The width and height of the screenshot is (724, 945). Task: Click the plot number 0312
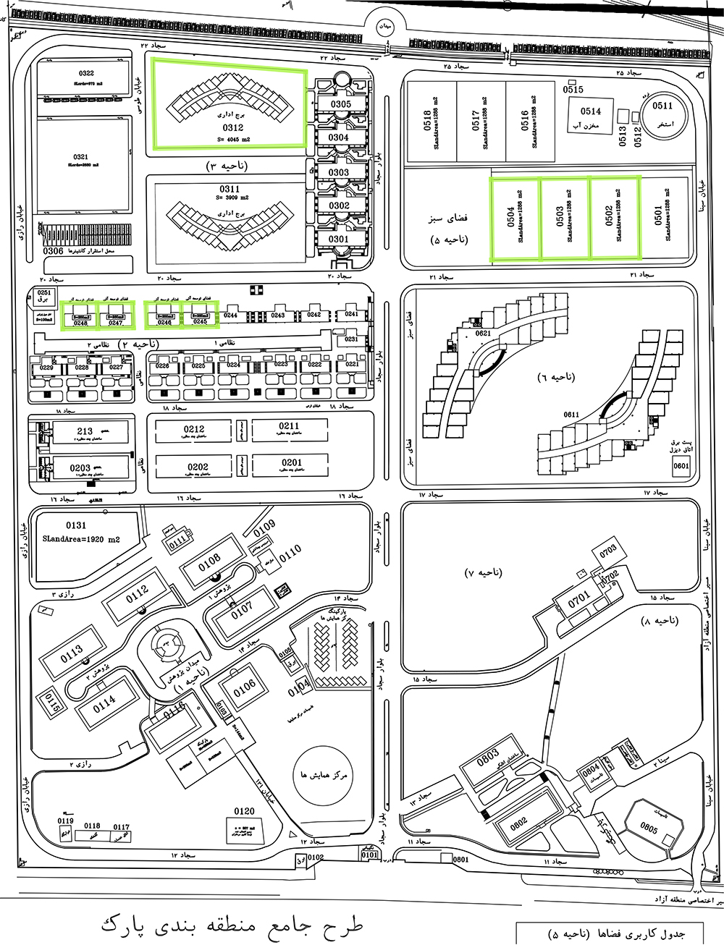point(233,127)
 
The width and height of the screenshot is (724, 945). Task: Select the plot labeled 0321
point(80,157)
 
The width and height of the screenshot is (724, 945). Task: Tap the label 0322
point(86,74)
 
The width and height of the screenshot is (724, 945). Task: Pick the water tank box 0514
point(590,111)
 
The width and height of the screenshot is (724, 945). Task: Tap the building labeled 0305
point(340,104)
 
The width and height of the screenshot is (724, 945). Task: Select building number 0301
point(338,239)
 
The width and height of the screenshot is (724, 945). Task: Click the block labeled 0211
point(289,426)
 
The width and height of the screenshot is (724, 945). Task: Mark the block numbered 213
point(85,431)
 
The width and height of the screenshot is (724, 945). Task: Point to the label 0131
point(76,525)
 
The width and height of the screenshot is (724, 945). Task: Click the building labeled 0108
point(209,562)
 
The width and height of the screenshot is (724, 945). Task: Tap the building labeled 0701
point(579,600)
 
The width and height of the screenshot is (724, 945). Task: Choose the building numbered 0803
point(488,757)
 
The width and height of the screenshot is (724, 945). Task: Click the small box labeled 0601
point(681,466)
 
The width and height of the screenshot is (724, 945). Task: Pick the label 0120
point(244,811)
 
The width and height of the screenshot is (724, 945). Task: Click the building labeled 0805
point(649,828)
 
